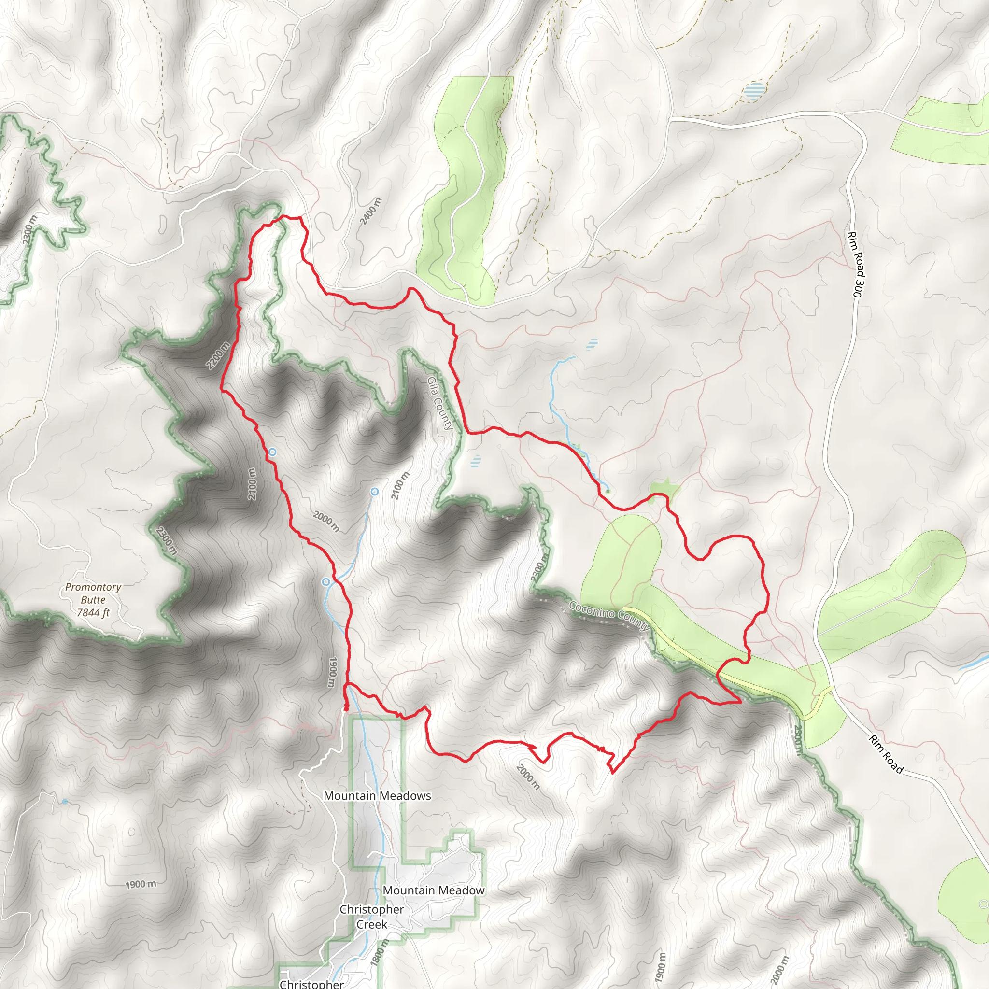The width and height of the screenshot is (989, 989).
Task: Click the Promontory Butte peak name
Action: tap(93, 593)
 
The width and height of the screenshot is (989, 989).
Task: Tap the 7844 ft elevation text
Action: tap(93, 613)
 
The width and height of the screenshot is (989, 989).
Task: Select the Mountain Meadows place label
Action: tap(377, 795)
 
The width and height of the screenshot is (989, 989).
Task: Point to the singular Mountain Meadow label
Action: tap(434, 890)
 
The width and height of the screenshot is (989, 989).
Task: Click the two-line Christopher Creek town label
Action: tap(372, 917)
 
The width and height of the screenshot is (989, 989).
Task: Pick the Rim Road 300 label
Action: tap(855, 264)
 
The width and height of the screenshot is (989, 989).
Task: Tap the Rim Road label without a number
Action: tap(886, 754)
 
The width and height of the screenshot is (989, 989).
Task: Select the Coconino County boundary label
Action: tap(609, 617)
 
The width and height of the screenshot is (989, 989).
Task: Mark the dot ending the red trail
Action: tap(346, 708)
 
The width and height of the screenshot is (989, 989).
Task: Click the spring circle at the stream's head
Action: tap(375, 492)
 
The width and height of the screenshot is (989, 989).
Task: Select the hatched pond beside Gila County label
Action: tap(476, 461)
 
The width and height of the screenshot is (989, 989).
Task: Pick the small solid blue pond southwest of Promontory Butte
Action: tap(65, 802)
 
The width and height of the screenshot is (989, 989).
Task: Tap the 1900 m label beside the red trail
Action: tap(332, 672)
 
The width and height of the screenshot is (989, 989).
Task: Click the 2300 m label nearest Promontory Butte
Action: tap(167, 540)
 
